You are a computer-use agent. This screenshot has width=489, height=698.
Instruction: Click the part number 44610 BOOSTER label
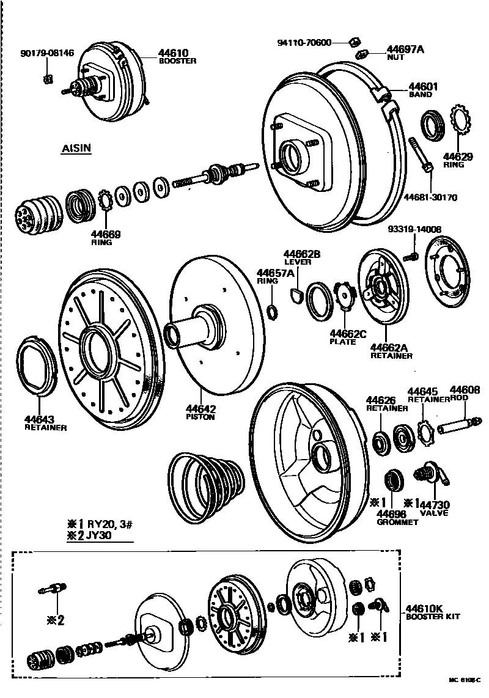(x=177, y=57)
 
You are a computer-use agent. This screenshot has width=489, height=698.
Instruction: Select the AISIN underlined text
(x=76, y=149)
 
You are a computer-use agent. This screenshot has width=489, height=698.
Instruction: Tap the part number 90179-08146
(x=47, y=53)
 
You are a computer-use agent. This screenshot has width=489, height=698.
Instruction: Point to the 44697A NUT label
(x=404, y=53)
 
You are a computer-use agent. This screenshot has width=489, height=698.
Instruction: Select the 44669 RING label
(x=106, y=237)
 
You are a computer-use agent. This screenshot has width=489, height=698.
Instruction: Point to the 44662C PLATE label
(x=347, y=337)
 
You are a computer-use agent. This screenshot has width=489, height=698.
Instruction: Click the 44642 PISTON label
(x=201, y=413)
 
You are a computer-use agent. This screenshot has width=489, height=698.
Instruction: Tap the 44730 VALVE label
(x=433, y=508)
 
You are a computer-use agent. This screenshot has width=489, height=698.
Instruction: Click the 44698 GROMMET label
(x=397, y=517)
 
